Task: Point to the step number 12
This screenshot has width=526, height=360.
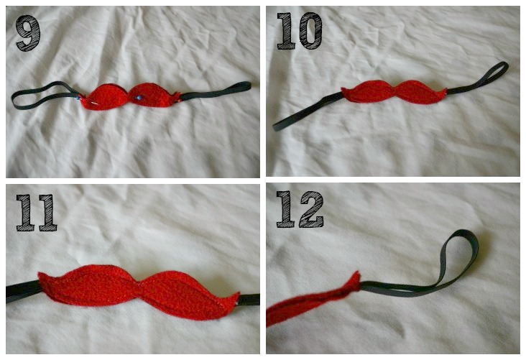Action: (299, 209)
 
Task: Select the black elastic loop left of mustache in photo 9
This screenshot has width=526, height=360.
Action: (40, 96)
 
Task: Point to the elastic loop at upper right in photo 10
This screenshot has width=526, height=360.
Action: (496, 70)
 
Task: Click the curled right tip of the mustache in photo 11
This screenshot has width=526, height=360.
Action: (234, 296)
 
